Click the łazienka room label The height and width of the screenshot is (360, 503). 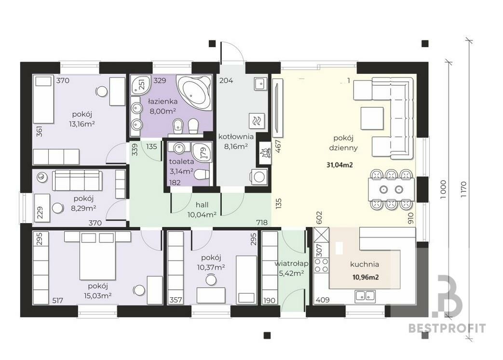point(163,102)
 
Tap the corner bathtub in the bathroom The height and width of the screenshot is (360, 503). point(195,93)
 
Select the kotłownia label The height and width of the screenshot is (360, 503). point(236,136)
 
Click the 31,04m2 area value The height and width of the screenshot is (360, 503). point(340,165)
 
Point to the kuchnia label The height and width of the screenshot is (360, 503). point(365,264)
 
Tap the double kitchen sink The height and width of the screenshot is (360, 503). point(365,296)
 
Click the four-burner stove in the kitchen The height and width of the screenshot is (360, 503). point(321,265)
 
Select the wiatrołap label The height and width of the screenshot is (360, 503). point(291,264)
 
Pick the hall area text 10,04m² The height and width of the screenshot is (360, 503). point(202,214)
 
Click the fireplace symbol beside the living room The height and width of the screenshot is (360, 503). point(265,153)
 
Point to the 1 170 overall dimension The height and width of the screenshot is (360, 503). point(463,189)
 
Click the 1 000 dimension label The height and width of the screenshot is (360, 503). point(443,189)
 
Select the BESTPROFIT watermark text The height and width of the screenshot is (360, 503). point(447,328)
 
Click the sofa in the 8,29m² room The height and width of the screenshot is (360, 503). point(77,180)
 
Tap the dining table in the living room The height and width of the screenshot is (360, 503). point(391,189)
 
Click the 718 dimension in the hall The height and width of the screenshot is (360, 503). point(262,222)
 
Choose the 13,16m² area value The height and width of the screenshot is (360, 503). point(82,124)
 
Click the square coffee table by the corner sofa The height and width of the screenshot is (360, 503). point(372,118)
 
